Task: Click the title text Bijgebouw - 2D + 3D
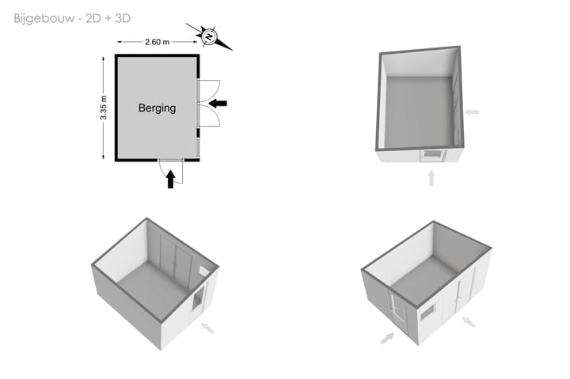pyautogui.click(x=72, y=18)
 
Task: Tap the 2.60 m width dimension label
pyautogui.click(x=157, y=42)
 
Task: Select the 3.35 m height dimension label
pyautogui.click(x=104, y=108)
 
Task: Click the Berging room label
pyautogui.click(x=157, y=108)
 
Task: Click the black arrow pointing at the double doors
pyautogui.click(x=218, y=104)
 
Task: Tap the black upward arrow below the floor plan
pyautogui.click(x=170, y=180)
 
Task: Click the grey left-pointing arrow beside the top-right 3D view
pyautogui.click(x=472, y=112)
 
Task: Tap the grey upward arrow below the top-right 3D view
pyautogui.click(x=431, y=178)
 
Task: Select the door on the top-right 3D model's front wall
pyautogui.click(x=432, y=155)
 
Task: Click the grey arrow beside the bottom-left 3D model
pyautogui.click(x=208, y=328)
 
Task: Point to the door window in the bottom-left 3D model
pyautogui.click(x=198, y=299)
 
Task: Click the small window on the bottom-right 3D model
pyautogui.click(x=427, y=313)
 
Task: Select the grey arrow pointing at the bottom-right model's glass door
pyautogui.click(x=387, y=339)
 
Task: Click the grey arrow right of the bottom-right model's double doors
pyautogui.click(x=469, y=322)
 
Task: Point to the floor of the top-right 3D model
pyautogui.click(x=419, y=111)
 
